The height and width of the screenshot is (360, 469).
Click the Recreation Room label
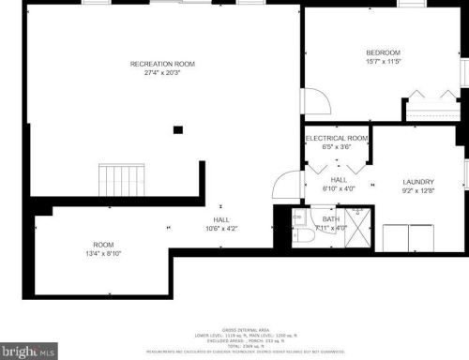pyautogui.click(x=162, y=64)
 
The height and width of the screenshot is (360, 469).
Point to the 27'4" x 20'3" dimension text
pyautogui.click(x=162, y=73)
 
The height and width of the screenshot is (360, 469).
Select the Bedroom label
pyautogui.click(x=383, y=52)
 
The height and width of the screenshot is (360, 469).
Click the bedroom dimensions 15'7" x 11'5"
pyautogui.click(x=383, y=62)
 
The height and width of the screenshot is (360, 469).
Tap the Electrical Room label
pyautogui.click(x=337, y=138)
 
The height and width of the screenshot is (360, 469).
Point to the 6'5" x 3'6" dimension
pyautogui.click(x=337, y=147)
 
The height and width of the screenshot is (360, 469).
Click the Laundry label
pyautogui.click(x=418, y=182)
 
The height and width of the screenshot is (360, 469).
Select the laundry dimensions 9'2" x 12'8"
pyautogui.click(x=418, y=191)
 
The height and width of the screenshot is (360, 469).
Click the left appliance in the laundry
pyautogui.click(x=395, y=238)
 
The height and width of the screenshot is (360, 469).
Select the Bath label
pyautogui.click(x=330, y=218)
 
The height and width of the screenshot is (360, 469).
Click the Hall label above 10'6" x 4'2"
pyautogui.click(x=221, y=218)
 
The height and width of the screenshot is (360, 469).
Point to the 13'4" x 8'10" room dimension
pyautogui.click(x=103, y=253)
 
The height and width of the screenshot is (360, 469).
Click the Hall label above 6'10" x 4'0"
pyautogui.click(x=339, y=179)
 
